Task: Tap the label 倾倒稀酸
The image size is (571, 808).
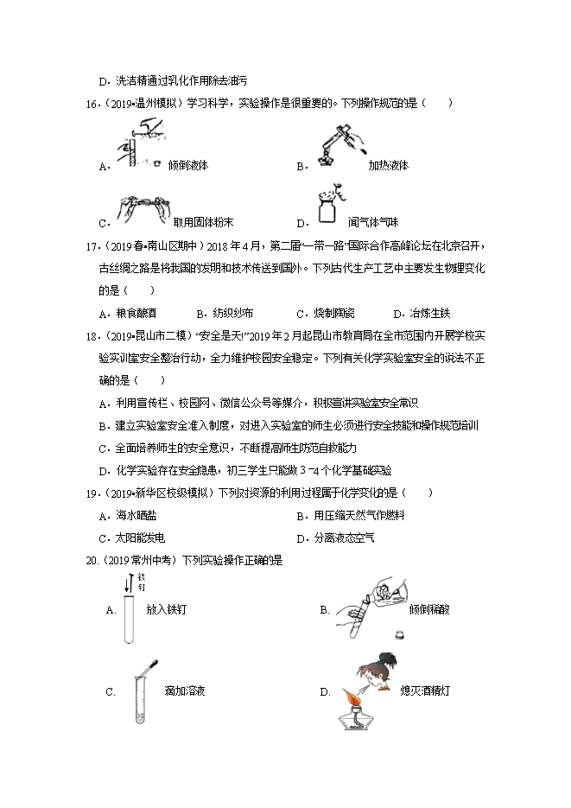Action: pos(429,609)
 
